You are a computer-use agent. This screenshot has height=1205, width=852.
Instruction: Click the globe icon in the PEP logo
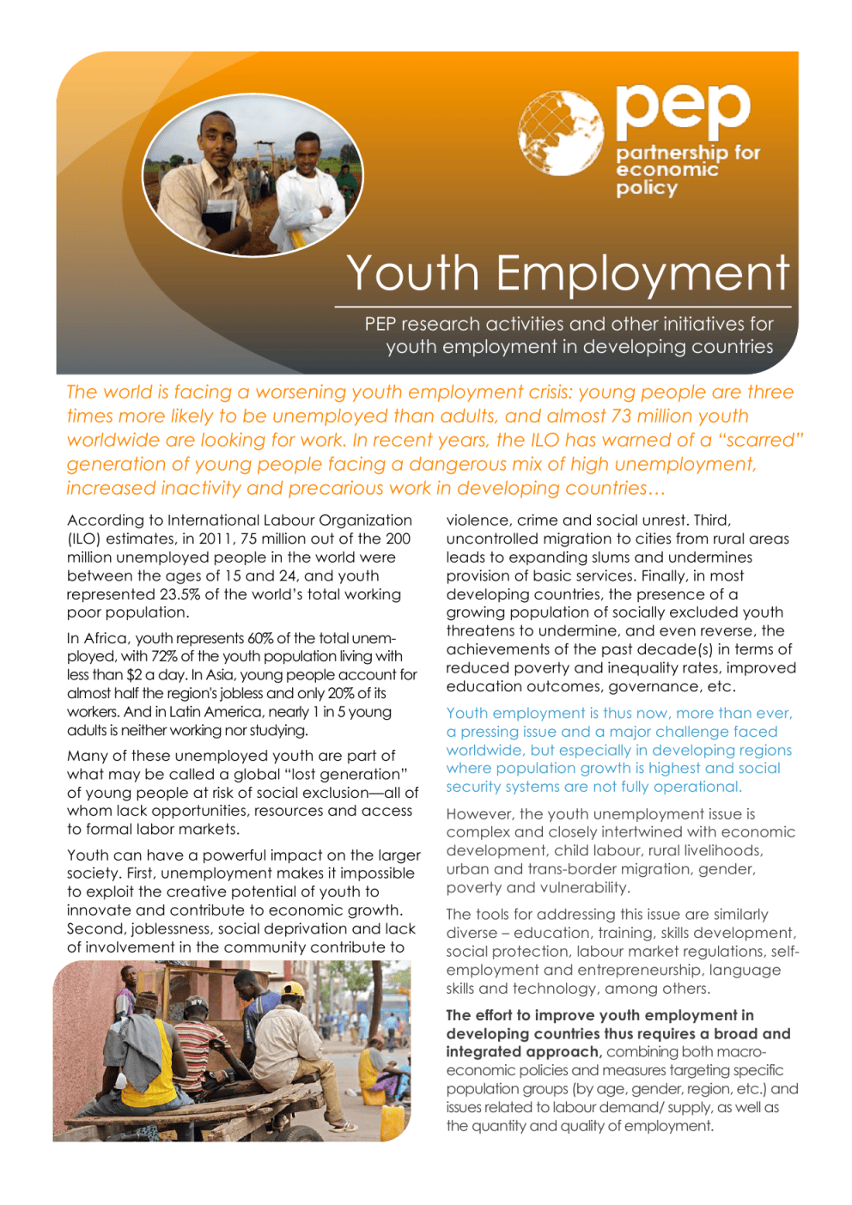pos(560,133)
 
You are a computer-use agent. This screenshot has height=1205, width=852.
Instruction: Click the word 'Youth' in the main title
pos(412,274)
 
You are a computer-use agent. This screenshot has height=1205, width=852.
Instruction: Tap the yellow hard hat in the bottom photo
pos(294,990)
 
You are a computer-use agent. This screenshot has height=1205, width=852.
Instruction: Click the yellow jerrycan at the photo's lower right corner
pos(392,1122)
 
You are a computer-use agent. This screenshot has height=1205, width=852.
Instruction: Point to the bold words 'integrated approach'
pos(523,1052)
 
